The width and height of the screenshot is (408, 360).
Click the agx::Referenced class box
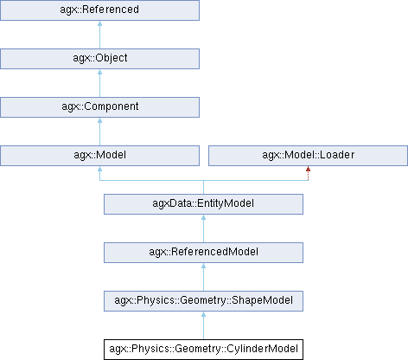99,10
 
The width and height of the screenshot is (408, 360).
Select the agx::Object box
99,59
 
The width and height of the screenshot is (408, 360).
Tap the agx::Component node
99,107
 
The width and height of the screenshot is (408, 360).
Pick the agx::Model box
99,156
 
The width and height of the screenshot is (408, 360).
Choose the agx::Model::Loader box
308,156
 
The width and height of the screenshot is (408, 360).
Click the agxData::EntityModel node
203,204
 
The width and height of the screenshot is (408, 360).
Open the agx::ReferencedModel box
203,253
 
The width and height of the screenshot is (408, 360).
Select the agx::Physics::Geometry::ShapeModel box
203,301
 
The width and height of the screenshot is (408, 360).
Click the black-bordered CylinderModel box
203,350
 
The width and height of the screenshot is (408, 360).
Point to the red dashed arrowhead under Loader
308,169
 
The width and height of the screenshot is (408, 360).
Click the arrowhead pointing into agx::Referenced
99,23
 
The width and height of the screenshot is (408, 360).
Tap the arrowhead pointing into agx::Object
99,72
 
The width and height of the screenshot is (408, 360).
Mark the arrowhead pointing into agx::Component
99,120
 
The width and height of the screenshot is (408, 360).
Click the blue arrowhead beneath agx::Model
99,169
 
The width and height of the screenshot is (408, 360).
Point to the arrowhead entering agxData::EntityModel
203,217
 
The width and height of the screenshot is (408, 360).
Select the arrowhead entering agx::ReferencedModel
203,266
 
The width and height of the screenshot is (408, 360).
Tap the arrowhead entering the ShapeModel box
203,314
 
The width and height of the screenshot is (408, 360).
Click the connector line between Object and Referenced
99,35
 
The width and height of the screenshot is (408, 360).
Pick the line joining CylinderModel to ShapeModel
203,325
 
